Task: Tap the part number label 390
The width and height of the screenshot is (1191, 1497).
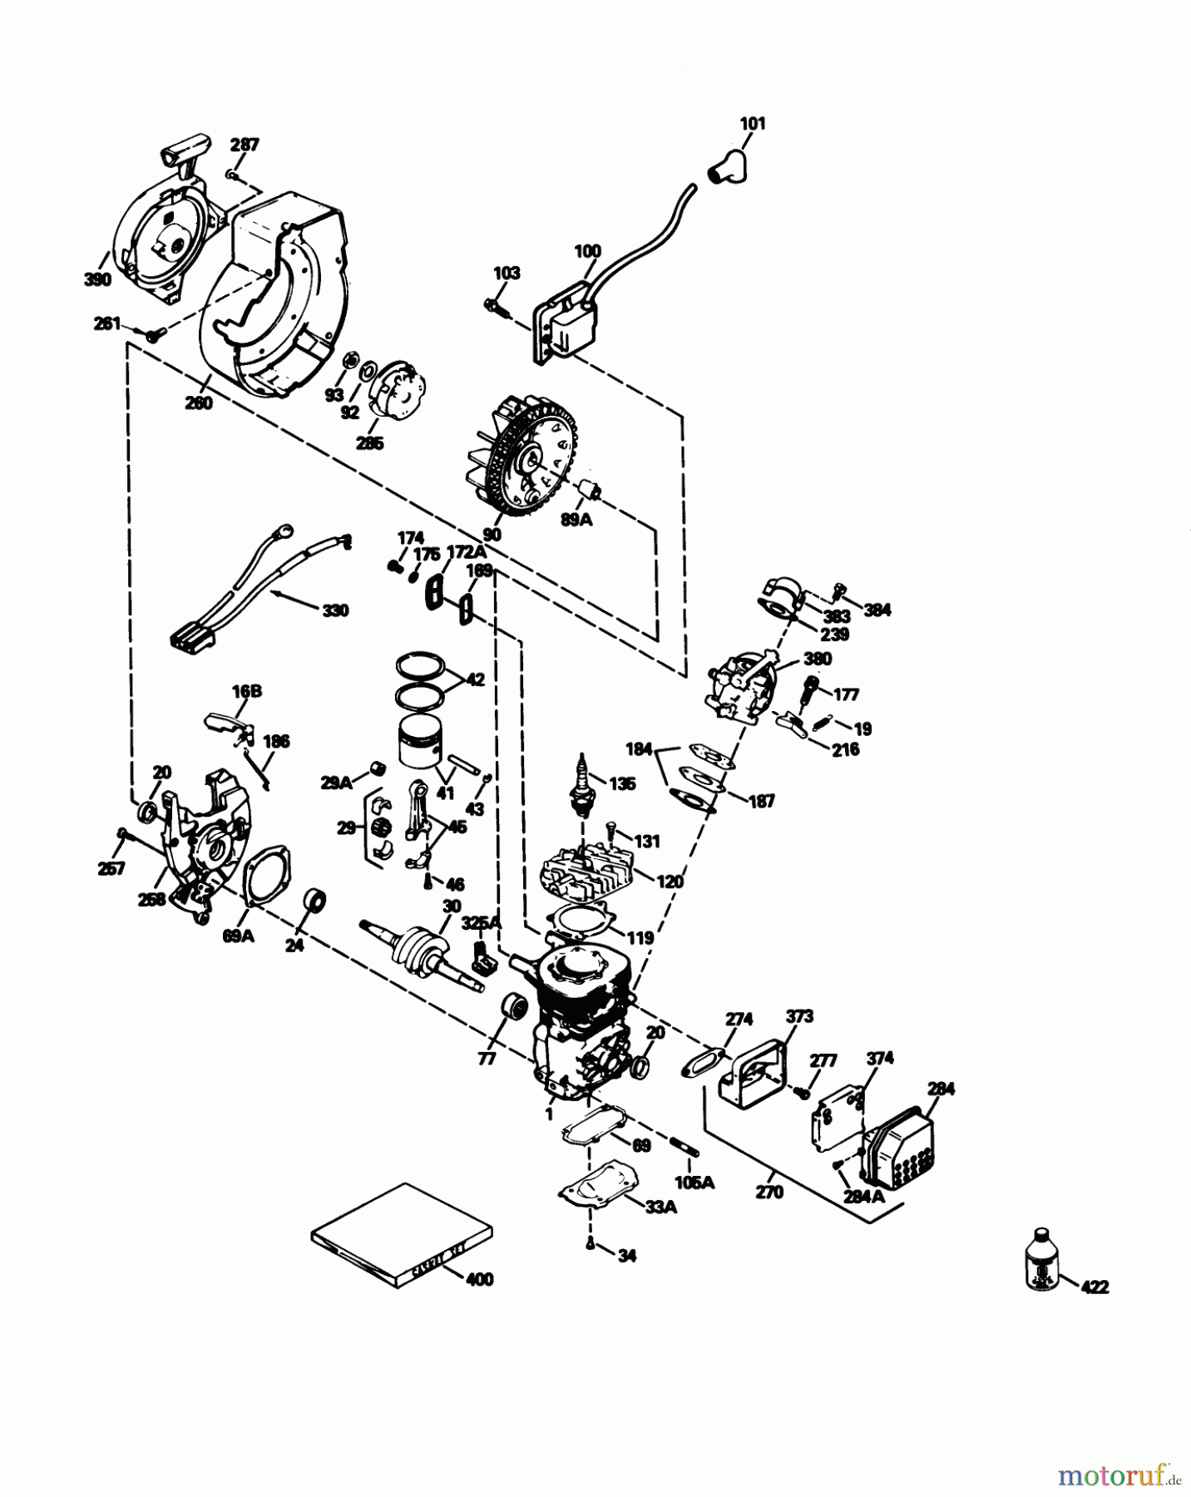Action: (x=97, y=279)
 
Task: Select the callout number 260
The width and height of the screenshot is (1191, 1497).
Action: (x=199, y=403)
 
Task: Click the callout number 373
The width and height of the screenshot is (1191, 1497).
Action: (x=799, y=1015)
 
